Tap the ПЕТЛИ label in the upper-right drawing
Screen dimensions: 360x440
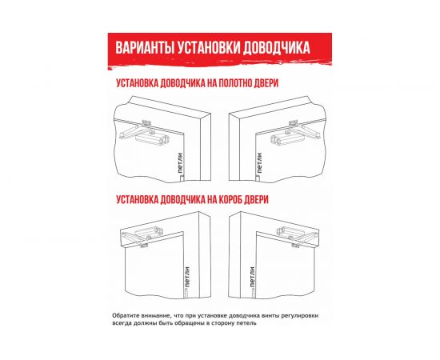tap(259, 162)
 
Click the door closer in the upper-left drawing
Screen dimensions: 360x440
tap(151, 136)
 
